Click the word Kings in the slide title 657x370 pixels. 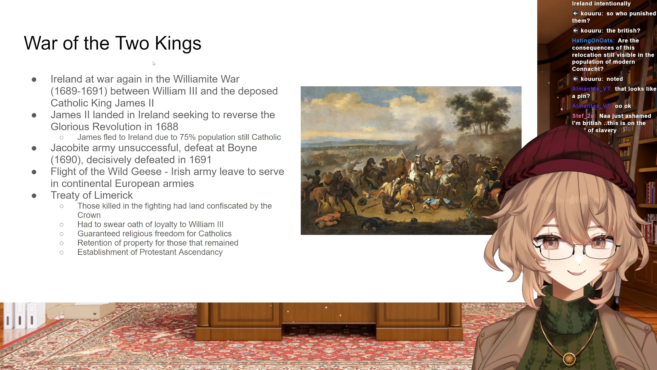coord(178,44)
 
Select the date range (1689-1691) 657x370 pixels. coord(79,91)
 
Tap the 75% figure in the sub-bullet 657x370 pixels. coord(188,137)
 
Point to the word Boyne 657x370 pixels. coord(242,148)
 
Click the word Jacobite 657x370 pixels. coord(70,148)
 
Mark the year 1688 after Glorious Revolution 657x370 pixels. coord(167,127)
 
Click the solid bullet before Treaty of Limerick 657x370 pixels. coord(34,196)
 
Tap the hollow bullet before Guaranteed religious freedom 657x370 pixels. coord(62,234)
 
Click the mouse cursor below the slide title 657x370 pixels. coord(154,63)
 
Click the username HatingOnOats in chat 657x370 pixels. coord(593,40)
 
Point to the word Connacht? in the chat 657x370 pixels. coord(588,69)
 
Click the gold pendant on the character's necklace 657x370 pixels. coord(569,359)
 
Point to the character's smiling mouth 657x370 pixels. coord(577,272)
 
